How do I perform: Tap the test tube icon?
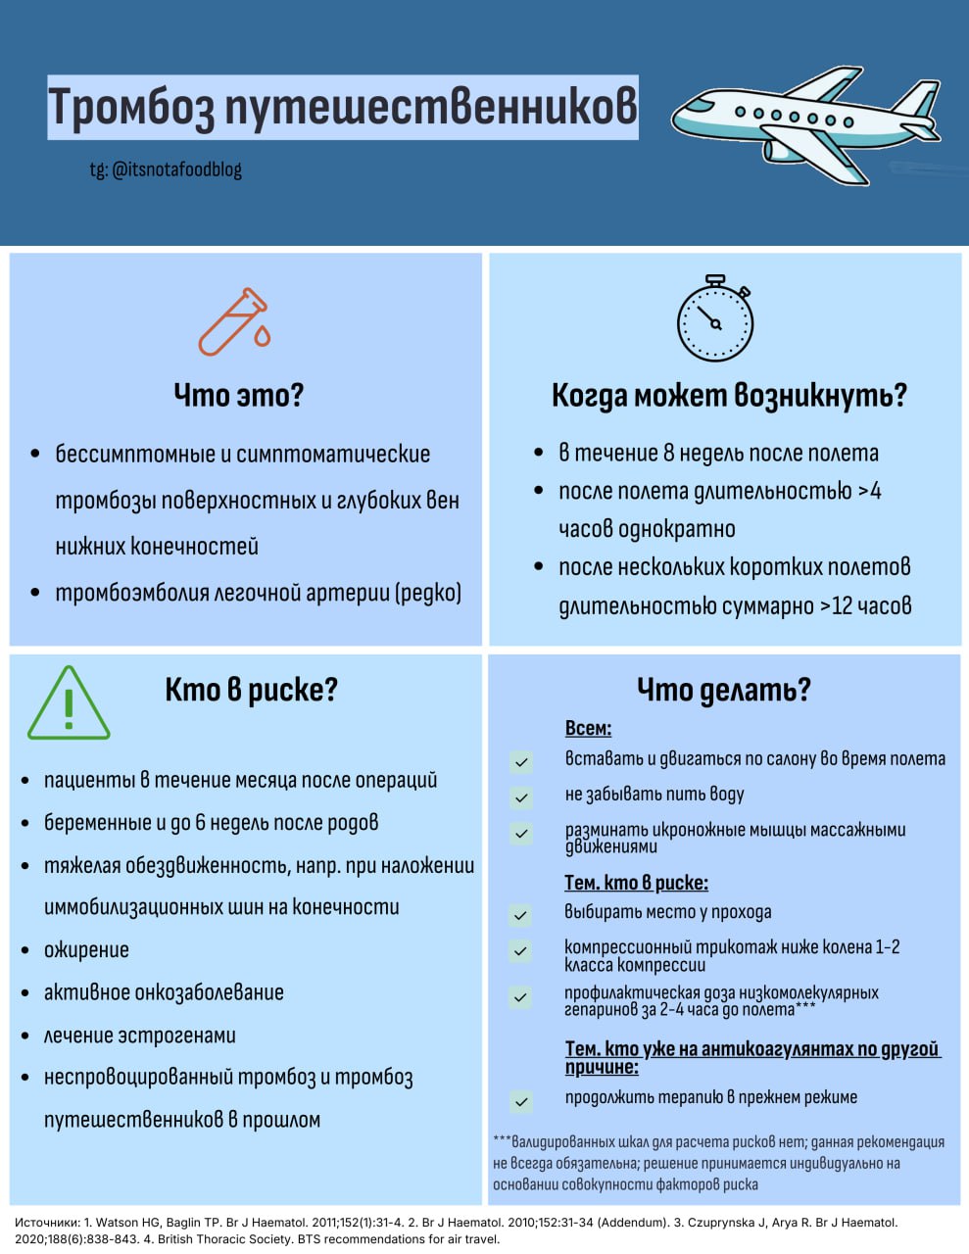234,321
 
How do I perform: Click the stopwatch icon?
715,318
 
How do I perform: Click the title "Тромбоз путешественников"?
343,107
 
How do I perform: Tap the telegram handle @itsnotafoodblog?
166,169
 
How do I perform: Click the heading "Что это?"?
239,395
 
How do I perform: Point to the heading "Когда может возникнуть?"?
729,395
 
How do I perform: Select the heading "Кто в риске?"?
251,690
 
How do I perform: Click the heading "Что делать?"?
724,690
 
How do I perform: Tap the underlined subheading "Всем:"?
588,728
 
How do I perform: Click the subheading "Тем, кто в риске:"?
636,883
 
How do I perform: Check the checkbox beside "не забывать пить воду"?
521,796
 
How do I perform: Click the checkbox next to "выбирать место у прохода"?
521,915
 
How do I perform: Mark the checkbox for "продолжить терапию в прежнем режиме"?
521,1101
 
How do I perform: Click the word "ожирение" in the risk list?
86,949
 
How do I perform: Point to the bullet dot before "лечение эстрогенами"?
25,1036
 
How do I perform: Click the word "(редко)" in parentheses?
427,593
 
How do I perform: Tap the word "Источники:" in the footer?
46,1223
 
